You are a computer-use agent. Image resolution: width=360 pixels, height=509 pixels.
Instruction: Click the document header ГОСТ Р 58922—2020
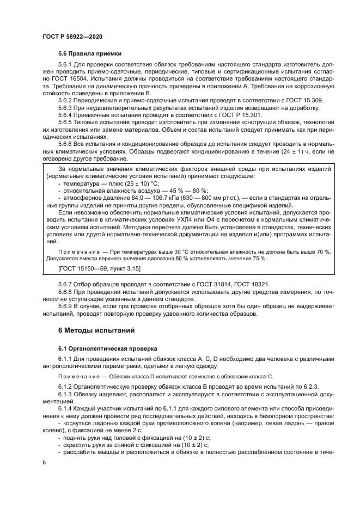pyautogui.click(x=72, y=35)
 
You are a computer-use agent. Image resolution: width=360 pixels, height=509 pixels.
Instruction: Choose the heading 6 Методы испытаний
pyautogui.click(x=95, y=330)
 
